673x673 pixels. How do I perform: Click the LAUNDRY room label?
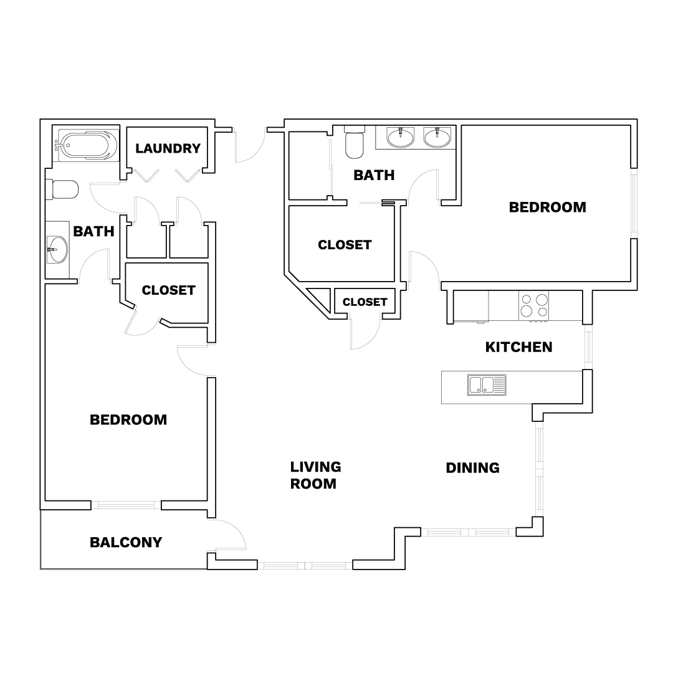pyautogui.click(x=168, y=148)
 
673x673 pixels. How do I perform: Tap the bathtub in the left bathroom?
pyautogui.click(x=86, y=145)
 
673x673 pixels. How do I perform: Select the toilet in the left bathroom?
pyautogui.click(x=62, y=189)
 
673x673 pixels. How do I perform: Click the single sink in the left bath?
pyautogui.click(x=57, y=249)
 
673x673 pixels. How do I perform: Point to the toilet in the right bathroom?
pyautogui.click(x=355, y=142)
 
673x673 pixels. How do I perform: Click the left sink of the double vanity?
pyautogui.click(x=401, y=137)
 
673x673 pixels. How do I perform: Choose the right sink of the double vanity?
pyautogui.click(x=437, y=137)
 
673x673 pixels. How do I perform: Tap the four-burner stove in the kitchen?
pyautogui.click(x=533, y=305)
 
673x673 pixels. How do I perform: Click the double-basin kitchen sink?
pyautogui.click(x=487, y=384)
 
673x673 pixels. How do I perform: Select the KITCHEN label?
pyautogui.click(x=519, y=347)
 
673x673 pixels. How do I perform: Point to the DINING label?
pyautogui.click(x=472, y=468)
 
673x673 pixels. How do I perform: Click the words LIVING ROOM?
pyautogui.click(x=315, y=475)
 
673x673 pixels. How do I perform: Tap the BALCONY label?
pyautogui.click(x=126, y=543)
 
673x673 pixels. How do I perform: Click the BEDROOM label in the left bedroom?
pyautogui.click(x=128, y=420)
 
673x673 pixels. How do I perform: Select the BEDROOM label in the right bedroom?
pyautogui.click(x=547, y=208)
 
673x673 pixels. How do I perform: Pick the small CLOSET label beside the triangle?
pyautogui.click(x=365, y=302)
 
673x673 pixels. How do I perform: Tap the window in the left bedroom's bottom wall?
pyautogui.click(x=126, y=505)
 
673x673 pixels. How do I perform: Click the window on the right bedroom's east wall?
pyautogui.click(x=634, y=203)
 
